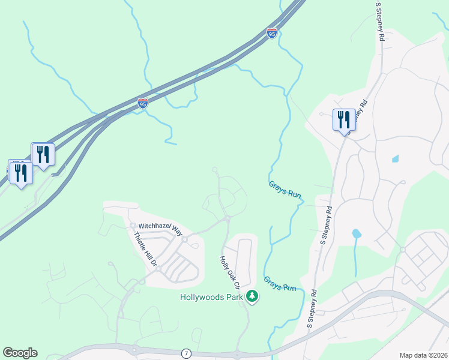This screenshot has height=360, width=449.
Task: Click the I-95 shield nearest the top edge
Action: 272,34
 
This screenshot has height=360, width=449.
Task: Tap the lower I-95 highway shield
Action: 142,104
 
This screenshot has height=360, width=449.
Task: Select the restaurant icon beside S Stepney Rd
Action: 344,120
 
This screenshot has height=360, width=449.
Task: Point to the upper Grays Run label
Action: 285,190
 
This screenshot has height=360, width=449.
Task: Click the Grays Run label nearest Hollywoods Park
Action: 280,284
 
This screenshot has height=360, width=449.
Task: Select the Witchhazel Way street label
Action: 160,227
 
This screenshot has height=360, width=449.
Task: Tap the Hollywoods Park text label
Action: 212,296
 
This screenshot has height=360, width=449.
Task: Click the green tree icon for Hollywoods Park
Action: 253,296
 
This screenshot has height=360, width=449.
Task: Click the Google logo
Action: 20,353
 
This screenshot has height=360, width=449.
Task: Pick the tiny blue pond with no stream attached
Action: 395,159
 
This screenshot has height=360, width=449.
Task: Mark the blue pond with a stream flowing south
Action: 357,233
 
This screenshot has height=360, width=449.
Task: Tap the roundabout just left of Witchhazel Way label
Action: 133,226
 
